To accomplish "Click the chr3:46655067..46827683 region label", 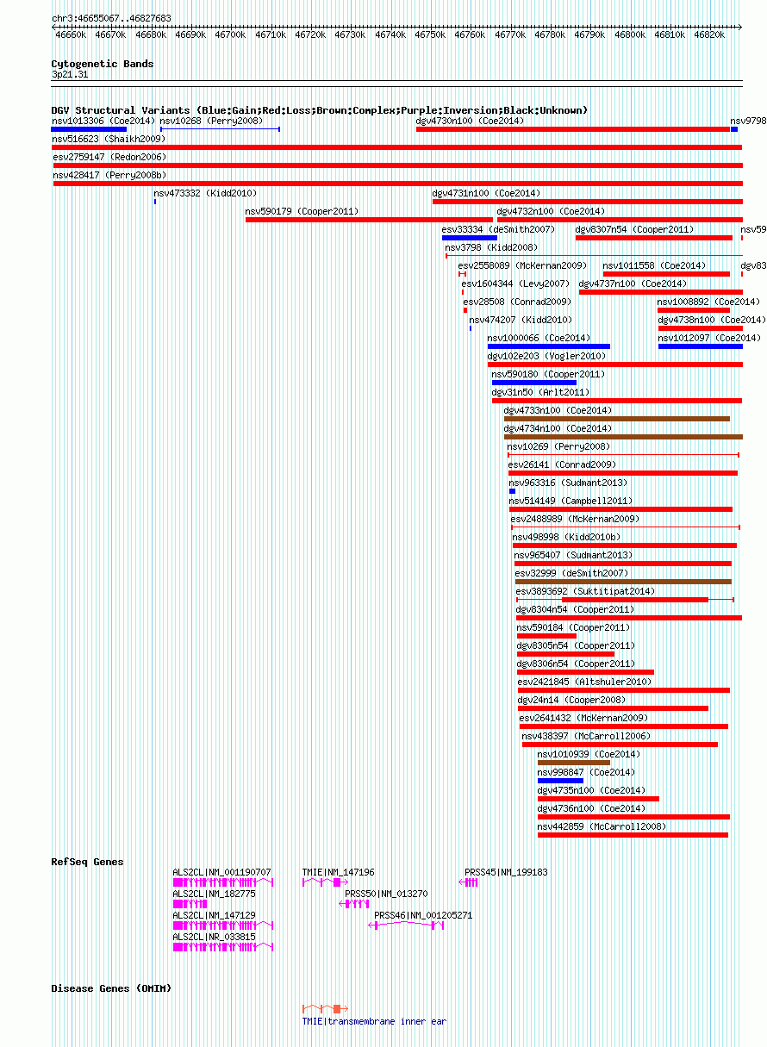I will [x=111, y=18].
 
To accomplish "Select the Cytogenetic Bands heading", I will [x=102, y=64].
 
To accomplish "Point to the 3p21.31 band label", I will [x=70, y=74].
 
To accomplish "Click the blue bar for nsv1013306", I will [x=89, y=129].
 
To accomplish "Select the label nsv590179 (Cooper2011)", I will [x=302, y=211].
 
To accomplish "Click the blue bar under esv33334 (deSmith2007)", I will [x=470, y=238].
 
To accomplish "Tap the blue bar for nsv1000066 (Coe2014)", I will [x=548, y=346].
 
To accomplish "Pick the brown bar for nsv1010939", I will [x=573, y=763].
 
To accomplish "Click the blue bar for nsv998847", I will [x=560, y=781].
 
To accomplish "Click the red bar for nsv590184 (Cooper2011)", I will [x=546, y=636].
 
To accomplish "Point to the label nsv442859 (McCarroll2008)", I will [x=602, y=826].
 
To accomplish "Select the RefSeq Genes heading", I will [x=87, y=862].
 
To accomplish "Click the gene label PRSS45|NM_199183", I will [x=506, y=872].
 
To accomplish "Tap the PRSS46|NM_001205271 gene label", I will [x=422, y=915].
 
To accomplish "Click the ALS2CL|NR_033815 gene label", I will [x=214, y=937].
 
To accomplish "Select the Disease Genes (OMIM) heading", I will [x=110, y=988].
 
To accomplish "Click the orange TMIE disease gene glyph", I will [x=326, y=1008].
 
